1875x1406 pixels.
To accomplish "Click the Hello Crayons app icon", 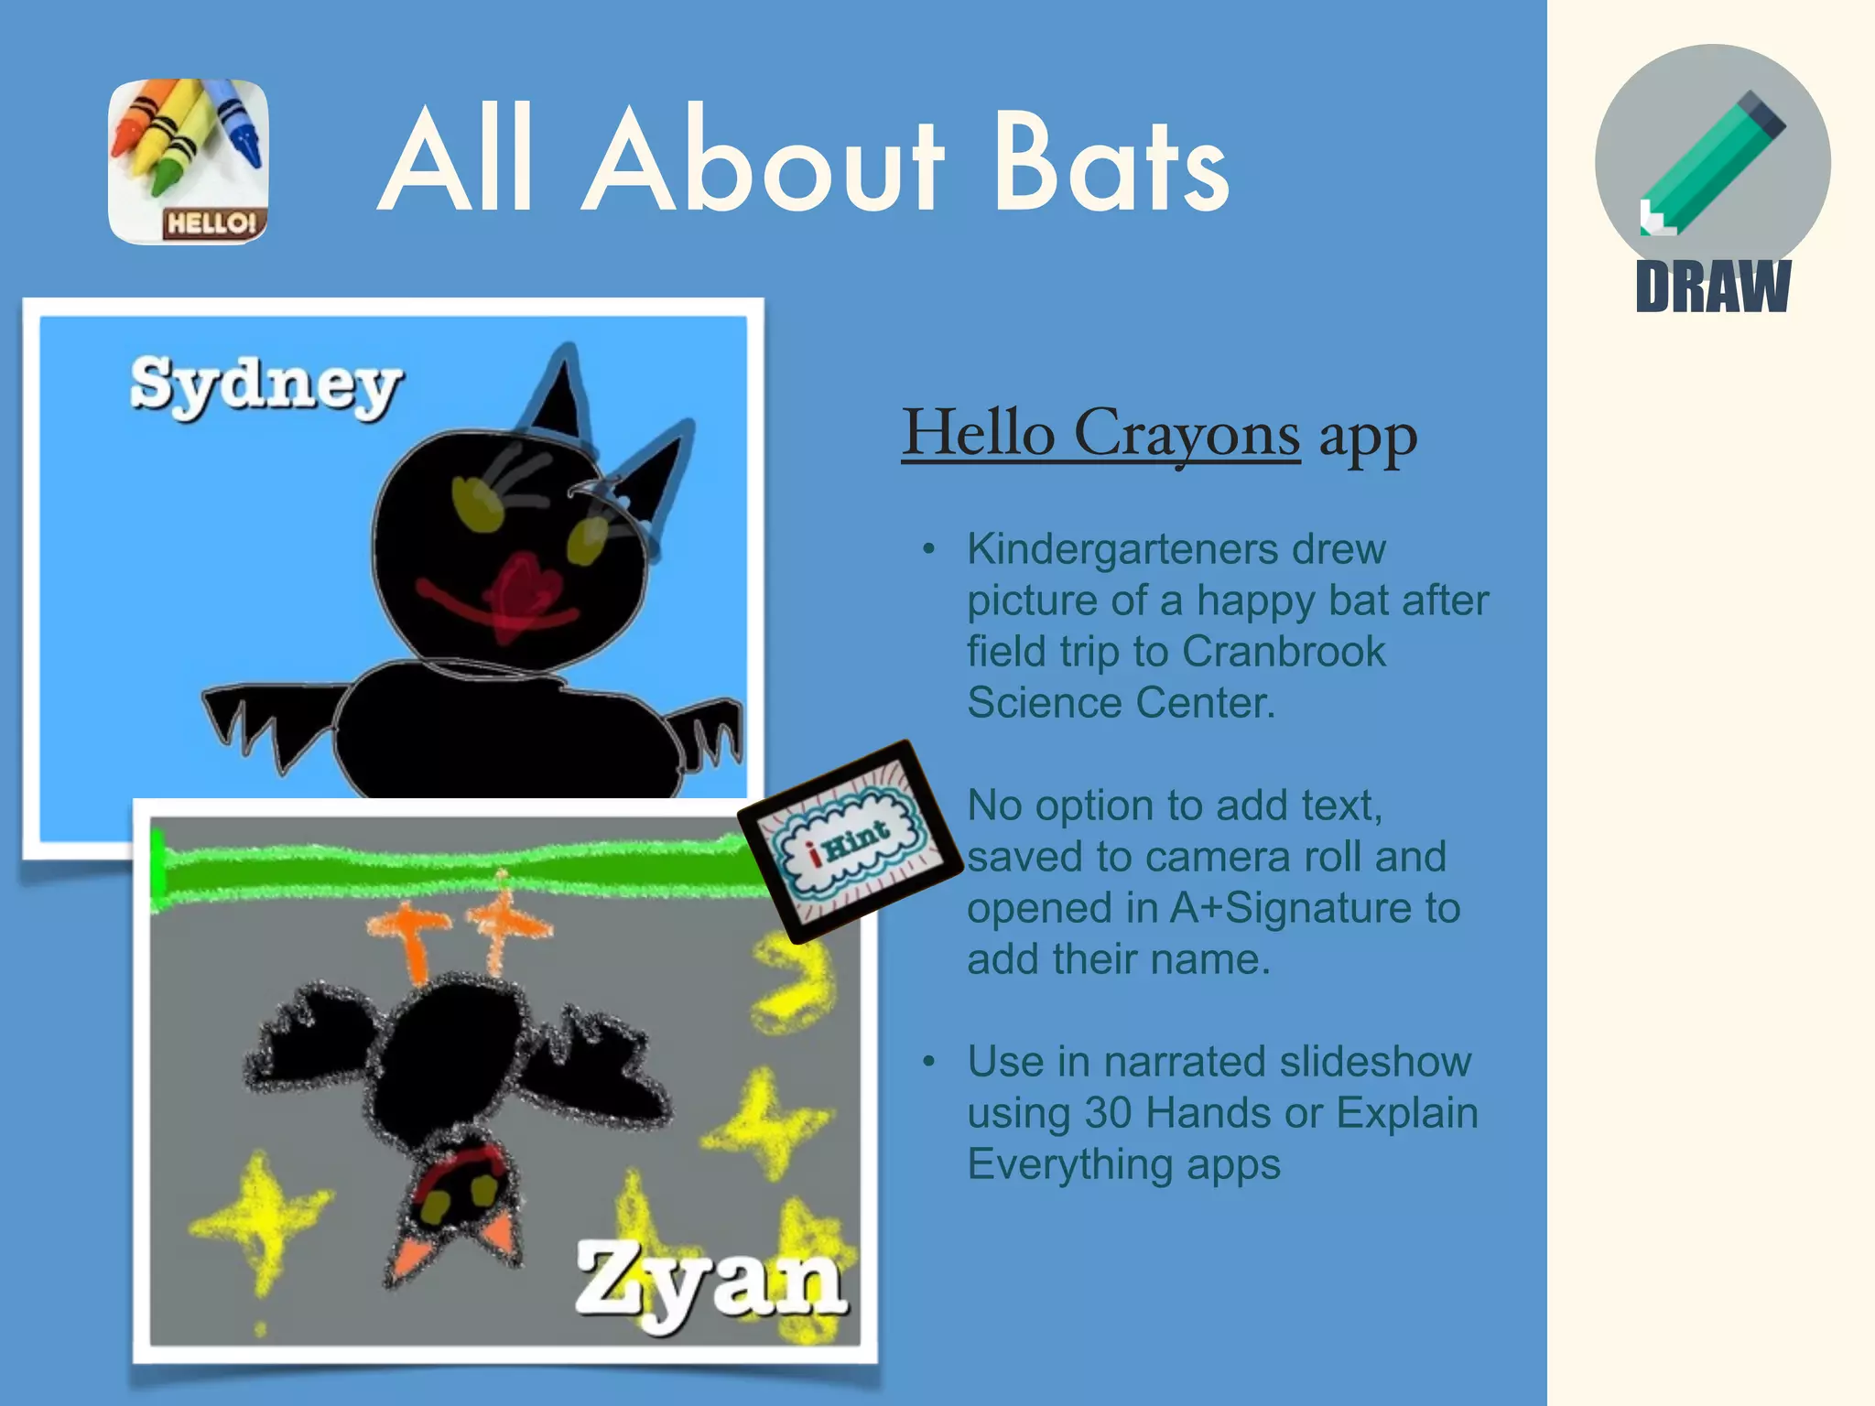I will click(189, 161).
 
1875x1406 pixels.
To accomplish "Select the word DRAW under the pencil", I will click(1712, 287).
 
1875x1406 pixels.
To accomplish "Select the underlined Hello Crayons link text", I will click(1100, 432).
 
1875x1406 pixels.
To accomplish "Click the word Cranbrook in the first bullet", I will click(1284, 652).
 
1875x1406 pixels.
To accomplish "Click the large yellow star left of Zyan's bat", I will click(261, 1217).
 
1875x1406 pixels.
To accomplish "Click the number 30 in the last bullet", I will click(1108, 1113).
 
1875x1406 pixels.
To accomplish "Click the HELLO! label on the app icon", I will click(212, 222).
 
